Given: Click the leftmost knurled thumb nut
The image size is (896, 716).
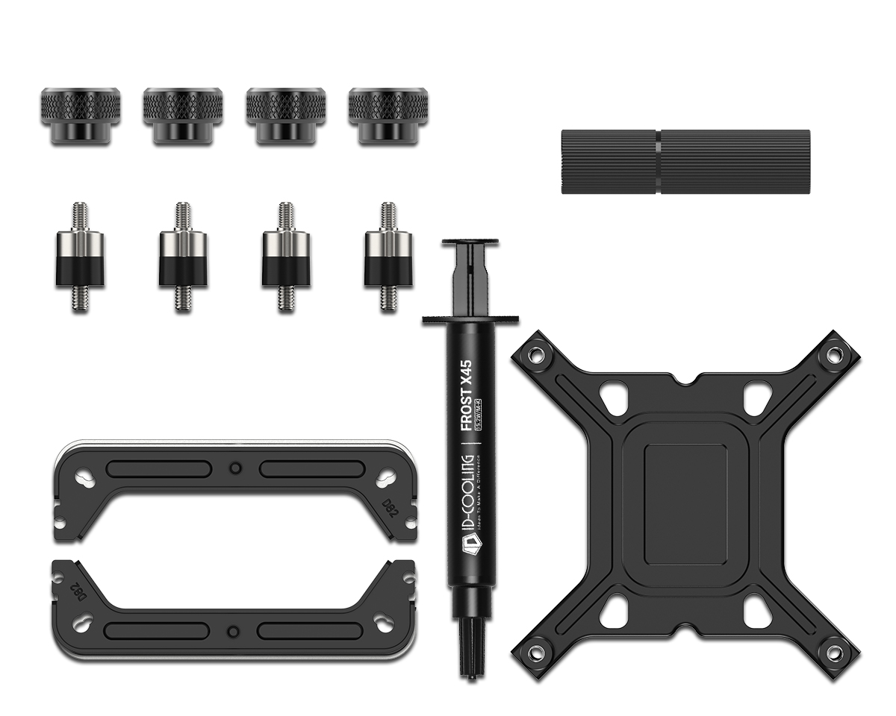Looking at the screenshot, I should coord(81,115).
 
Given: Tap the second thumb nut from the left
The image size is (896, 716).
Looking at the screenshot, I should coord(182,115).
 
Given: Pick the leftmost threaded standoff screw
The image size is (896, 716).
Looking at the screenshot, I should coord(80,257).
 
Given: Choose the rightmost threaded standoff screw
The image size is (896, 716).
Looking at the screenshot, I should coord(388,257).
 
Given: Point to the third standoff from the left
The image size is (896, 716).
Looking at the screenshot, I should coord(285,257).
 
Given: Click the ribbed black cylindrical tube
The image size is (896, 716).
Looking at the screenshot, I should coord(685,162).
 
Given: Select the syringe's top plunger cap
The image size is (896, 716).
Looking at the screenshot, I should coord(470,243).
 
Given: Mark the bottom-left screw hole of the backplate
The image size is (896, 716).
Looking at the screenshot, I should coord(537,653).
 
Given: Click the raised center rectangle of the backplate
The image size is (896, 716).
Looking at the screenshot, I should coord(685,504).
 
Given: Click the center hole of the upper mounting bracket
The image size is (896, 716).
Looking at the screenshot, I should coord(235,468).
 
